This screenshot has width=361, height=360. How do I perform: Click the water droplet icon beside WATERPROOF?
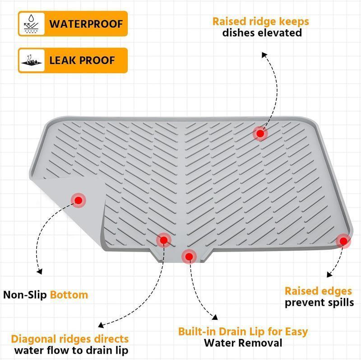tap(32, 23)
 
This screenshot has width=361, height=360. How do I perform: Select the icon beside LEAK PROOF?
tap(32, 60)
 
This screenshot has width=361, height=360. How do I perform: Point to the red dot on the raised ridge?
tap(259, 133)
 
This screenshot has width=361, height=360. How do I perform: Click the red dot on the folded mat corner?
tap(79, 200)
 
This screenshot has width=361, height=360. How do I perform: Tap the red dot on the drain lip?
tap(189, 257)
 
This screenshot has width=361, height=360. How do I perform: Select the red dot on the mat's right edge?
tap(343, 240)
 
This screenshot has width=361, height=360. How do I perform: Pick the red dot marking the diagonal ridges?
tap(163, 240)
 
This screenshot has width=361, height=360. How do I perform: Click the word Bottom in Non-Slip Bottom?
tap(69, 295)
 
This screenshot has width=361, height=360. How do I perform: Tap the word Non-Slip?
tap(25, 295)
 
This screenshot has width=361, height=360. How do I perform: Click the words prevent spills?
tap(319, 303)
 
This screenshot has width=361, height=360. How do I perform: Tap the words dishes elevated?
tap(262, 33)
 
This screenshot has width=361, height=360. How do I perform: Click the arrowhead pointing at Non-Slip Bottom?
tap(39, 272)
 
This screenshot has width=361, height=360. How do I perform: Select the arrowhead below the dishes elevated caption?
tap(265, 54)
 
